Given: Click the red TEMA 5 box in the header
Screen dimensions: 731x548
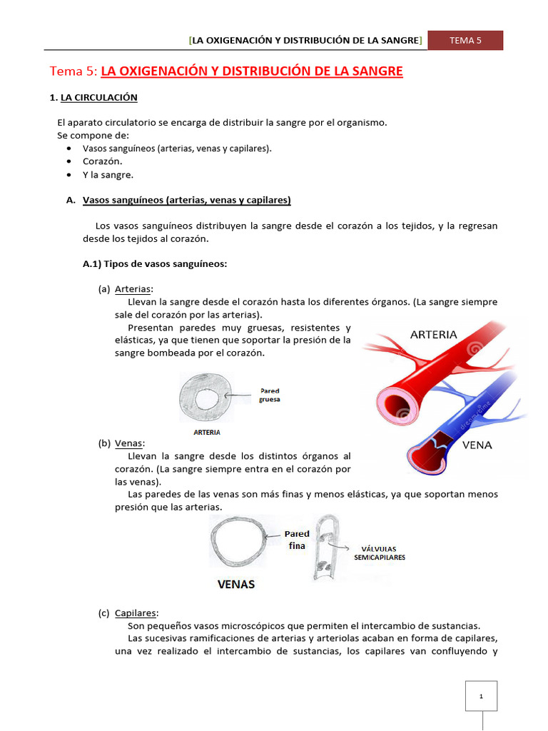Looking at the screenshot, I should (465, 41).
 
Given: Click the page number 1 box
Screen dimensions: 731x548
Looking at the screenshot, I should (481, 696).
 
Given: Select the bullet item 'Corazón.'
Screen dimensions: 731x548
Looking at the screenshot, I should (102, 161).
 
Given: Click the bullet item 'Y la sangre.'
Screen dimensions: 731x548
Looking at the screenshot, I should (108, 174).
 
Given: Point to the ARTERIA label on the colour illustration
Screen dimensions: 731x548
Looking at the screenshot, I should (434, 334).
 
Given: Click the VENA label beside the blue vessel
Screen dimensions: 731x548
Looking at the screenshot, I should (478, 445).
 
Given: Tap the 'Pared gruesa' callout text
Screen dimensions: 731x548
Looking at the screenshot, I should (269, 395).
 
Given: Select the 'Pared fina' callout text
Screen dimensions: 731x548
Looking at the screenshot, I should (297, 540).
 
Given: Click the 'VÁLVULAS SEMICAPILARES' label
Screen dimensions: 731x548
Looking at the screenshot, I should (380, 553).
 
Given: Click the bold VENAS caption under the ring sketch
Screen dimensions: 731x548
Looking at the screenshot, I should (236, 584).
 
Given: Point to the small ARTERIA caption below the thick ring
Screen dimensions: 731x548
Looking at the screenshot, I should (207, 432).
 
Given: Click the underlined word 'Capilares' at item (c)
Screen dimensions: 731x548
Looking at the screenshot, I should (136, 613).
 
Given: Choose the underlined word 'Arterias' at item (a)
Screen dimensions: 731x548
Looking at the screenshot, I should (133, 289).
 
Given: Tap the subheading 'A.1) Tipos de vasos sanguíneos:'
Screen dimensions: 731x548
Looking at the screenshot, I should (155, 264).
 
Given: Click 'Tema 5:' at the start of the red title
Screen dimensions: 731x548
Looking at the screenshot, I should (73, 71).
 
